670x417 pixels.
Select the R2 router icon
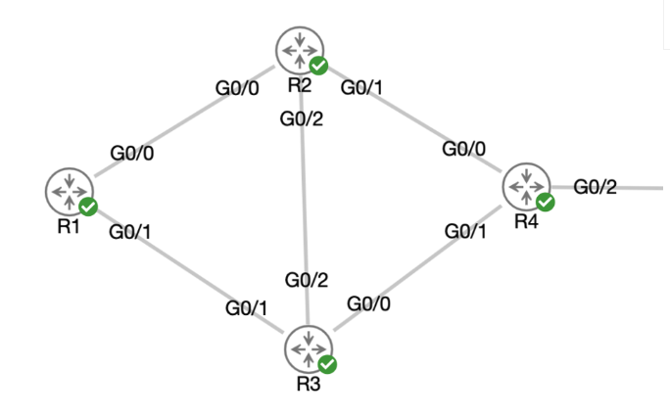(x=299, y=49)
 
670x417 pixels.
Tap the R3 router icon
(x=309, y=347)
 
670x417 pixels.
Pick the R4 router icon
(x=527, y=185)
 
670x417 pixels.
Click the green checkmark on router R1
(x=88, y=207)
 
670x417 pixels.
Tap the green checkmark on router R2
(x=318, y=66)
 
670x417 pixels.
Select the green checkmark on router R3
(x=328, y=364)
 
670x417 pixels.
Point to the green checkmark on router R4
(x=546, y=202)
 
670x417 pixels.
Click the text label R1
(x=68, y=226)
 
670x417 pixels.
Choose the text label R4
(x=527, y=222)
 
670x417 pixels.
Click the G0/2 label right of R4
(x=595, y=187)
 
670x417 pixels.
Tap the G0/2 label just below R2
(x=302, y=119)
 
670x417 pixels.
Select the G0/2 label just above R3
(x=307, y=281)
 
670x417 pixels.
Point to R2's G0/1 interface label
(x=361, y=87)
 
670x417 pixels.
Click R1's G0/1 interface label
(x=130, y=232)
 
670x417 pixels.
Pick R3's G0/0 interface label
(x=369, y=303)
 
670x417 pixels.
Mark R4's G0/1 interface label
(x=466, y=231)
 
